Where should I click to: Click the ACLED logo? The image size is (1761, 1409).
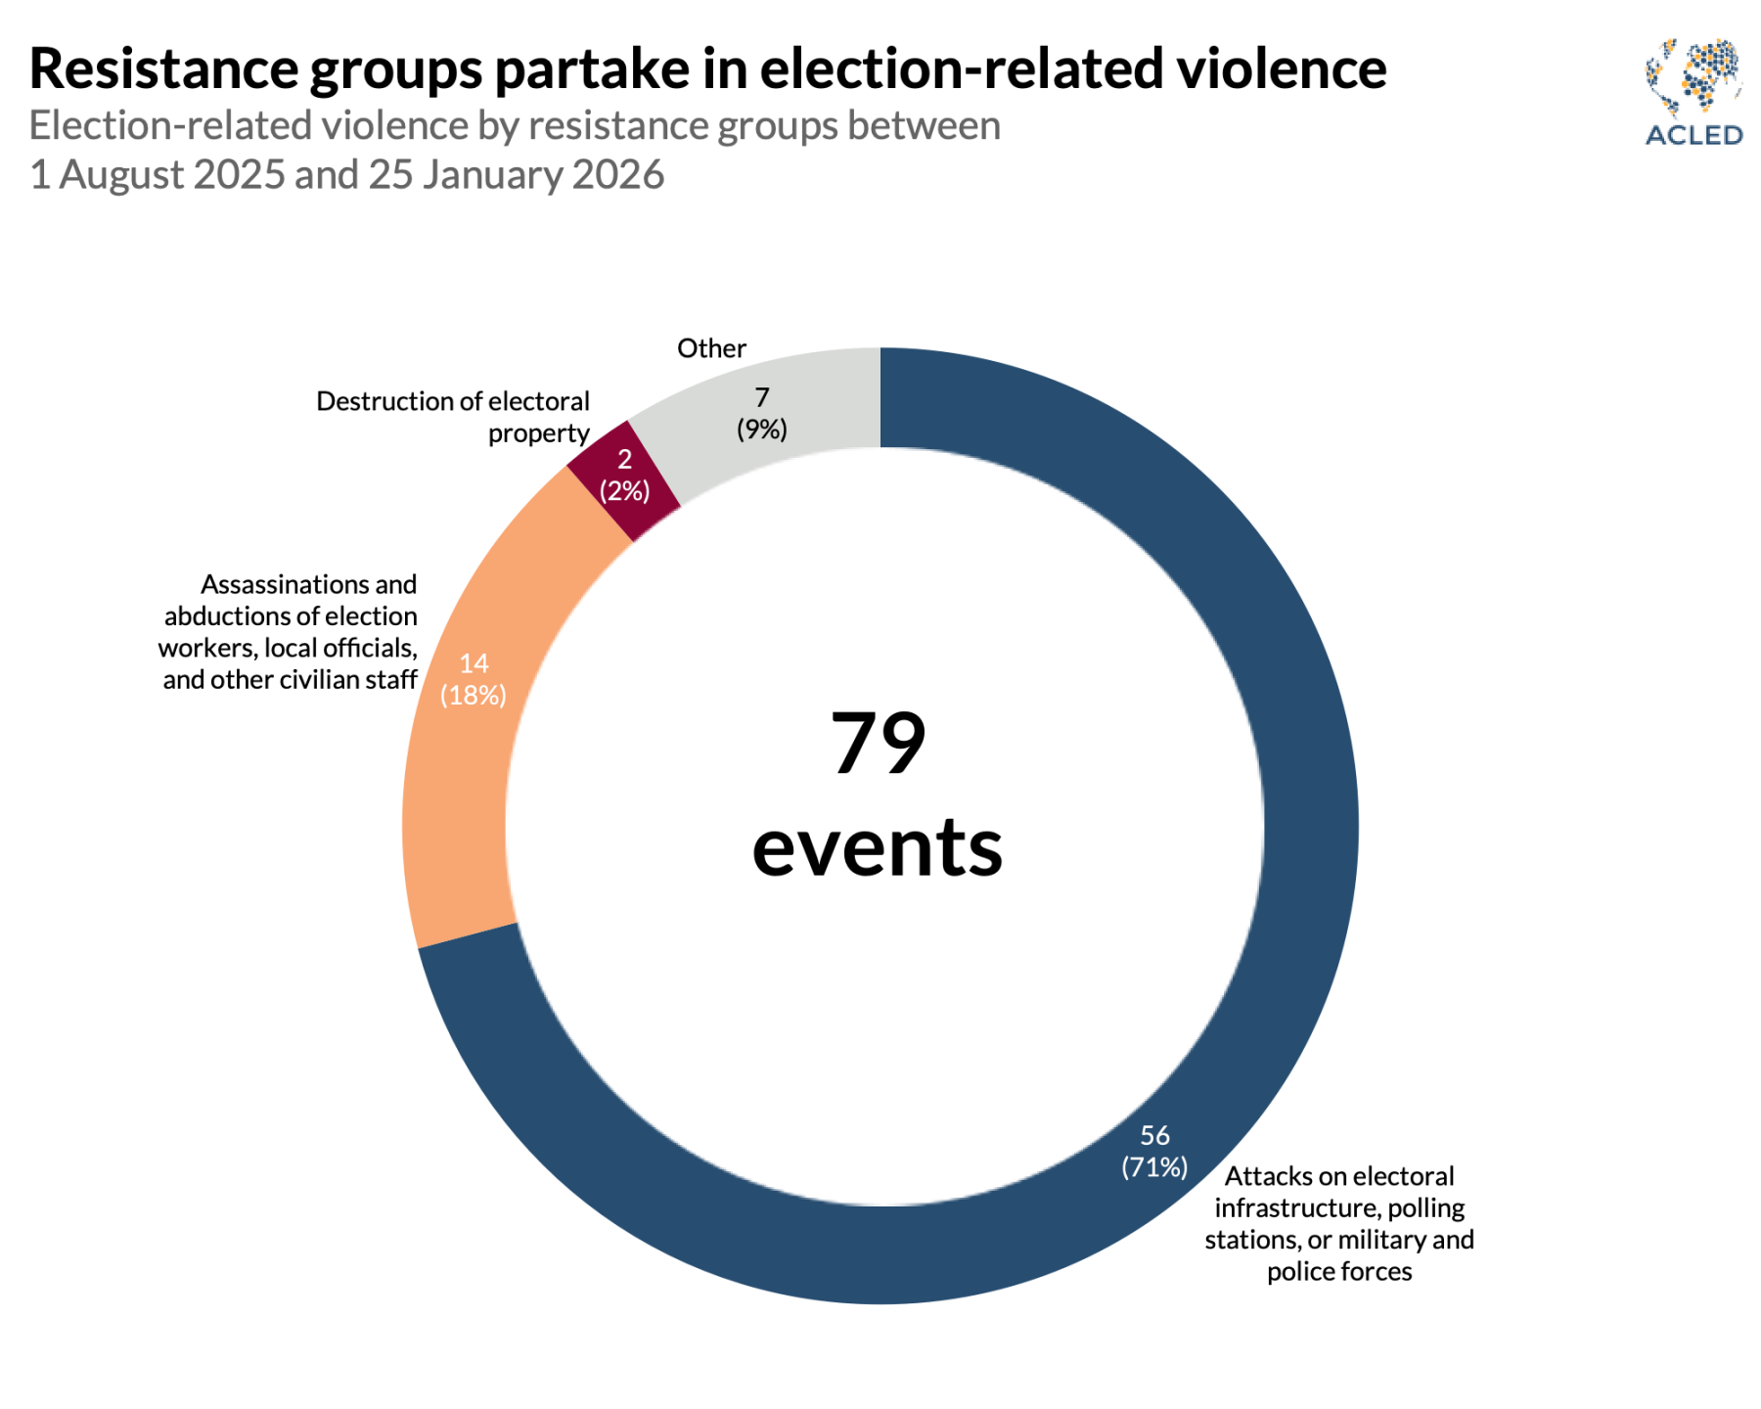pyautogui.click(x=1693, y=93)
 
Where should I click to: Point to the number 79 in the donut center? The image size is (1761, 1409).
pyautogui.click(x=878, y=744)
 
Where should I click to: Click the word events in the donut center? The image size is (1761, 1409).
pyautogui.click(x=878, y=847)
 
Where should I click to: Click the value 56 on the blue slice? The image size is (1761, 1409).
pyautogui.click(x=1154, y=1135)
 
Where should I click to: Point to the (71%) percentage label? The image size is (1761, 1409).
pyautogui.click(x=1154, y=1167)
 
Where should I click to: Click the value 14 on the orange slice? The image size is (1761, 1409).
pyautogui.click(x=474, y=663)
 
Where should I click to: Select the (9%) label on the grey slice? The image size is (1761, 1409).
pyautogui.click(x=762, y=430)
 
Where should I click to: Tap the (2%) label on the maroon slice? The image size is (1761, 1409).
pyautogui.click(x=624, y=491)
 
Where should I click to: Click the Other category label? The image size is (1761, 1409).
pyautogui.click(x=711, y=348)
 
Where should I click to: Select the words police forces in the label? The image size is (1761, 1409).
pyautogui.click(x=1339, y=1271)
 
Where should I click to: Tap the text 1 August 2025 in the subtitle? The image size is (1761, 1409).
pyautogui.click(x=157, y=175)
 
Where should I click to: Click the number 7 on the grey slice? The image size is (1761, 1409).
pyautogui.click(x=762, y=397)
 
